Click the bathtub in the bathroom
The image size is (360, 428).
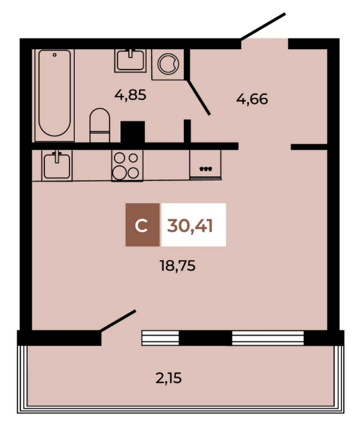(x=55, y=95)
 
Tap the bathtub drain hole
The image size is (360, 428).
(x=55, y=55)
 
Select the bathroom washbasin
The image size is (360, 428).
(x=131, y=61)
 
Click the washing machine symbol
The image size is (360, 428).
(x=168, y=64)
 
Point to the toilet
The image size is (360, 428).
(x=100, y=125)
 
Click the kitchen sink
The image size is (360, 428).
(x=57, y=165)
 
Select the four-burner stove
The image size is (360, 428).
(x=127, y=165)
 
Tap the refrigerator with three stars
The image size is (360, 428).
(x=205, y=165)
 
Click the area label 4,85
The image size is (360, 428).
(x=131, y=95)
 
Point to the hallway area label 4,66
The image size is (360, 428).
(x=252, y=99)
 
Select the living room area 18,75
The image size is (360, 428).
(x=177, y=266)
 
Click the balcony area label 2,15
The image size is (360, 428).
(x=168, y=379)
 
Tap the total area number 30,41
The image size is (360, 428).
(x=190, y=226)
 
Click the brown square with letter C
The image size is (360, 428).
(x=143, y=225)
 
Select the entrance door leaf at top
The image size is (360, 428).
(x=263, y=26)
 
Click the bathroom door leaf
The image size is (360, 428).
(x=199, y=97)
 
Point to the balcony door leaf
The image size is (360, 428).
(x=118, y=321)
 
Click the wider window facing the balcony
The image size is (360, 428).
(x=268, y=338)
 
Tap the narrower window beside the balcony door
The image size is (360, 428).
(x=160, y=338)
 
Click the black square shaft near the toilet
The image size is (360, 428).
(x=132, y=132)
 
